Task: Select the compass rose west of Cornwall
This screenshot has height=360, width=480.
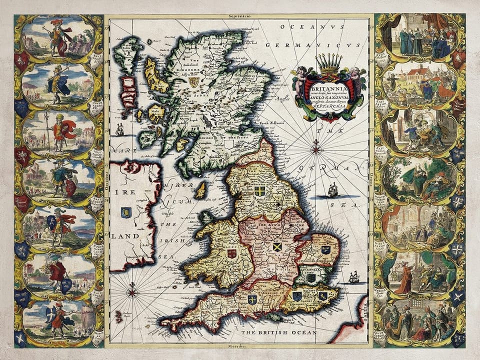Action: coord(132,290)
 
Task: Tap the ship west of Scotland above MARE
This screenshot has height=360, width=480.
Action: coord(119,130)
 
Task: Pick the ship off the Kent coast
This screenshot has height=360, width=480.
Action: coord(354,276)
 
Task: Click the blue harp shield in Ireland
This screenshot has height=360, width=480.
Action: coord(126,211)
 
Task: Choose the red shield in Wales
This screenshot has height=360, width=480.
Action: coord(231,253)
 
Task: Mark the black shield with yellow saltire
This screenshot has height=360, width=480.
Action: coord(276,246)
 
